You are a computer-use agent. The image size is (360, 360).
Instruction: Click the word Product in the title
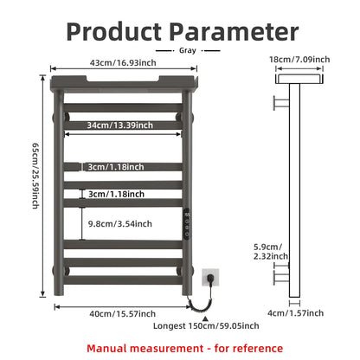113,31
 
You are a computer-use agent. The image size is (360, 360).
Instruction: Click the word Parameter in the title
234,31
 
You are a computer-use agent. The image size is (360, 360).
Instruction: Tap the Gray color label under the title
188,50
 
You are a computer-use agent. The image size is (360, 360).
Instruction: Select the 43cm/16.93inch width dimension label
123,62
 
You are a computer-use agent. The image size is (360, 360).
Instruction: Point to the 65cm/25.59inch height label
35,176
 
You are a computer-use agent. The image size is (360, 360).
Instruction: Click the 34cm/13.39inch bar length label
120,125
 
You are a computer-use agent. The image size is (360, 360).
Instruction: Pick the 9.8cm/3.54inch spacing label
120,223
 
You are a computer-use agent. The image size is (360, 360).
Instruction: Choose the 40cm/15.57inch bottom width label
122,313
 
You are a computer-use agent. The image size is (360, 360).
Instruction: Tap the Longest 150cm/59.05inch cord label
206,326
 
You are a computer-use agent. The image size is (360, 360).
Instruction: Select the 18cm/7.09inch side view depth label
299,60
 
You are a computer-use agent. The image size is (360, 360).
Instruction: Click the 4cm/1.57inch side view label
295,313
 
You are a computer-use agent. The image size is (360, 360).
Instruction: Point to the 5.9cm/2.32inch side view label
270,252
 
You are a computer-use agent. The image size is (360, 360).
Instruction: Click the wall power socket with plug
210,278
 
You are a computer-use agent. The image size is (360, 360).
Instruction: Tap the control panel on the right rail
187,223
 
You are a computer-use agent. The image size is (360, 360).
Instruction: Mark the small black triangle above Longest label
205,318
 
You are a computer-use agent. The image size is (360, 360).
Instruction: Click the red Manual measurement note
184,348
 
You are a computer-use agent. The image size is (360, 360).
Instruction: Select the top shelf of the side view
299,79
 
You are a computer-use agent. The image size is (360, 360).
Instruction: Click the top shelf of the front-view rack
124,84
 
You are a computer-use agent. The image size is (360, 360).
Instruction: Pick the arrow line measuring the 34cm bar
123,134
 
